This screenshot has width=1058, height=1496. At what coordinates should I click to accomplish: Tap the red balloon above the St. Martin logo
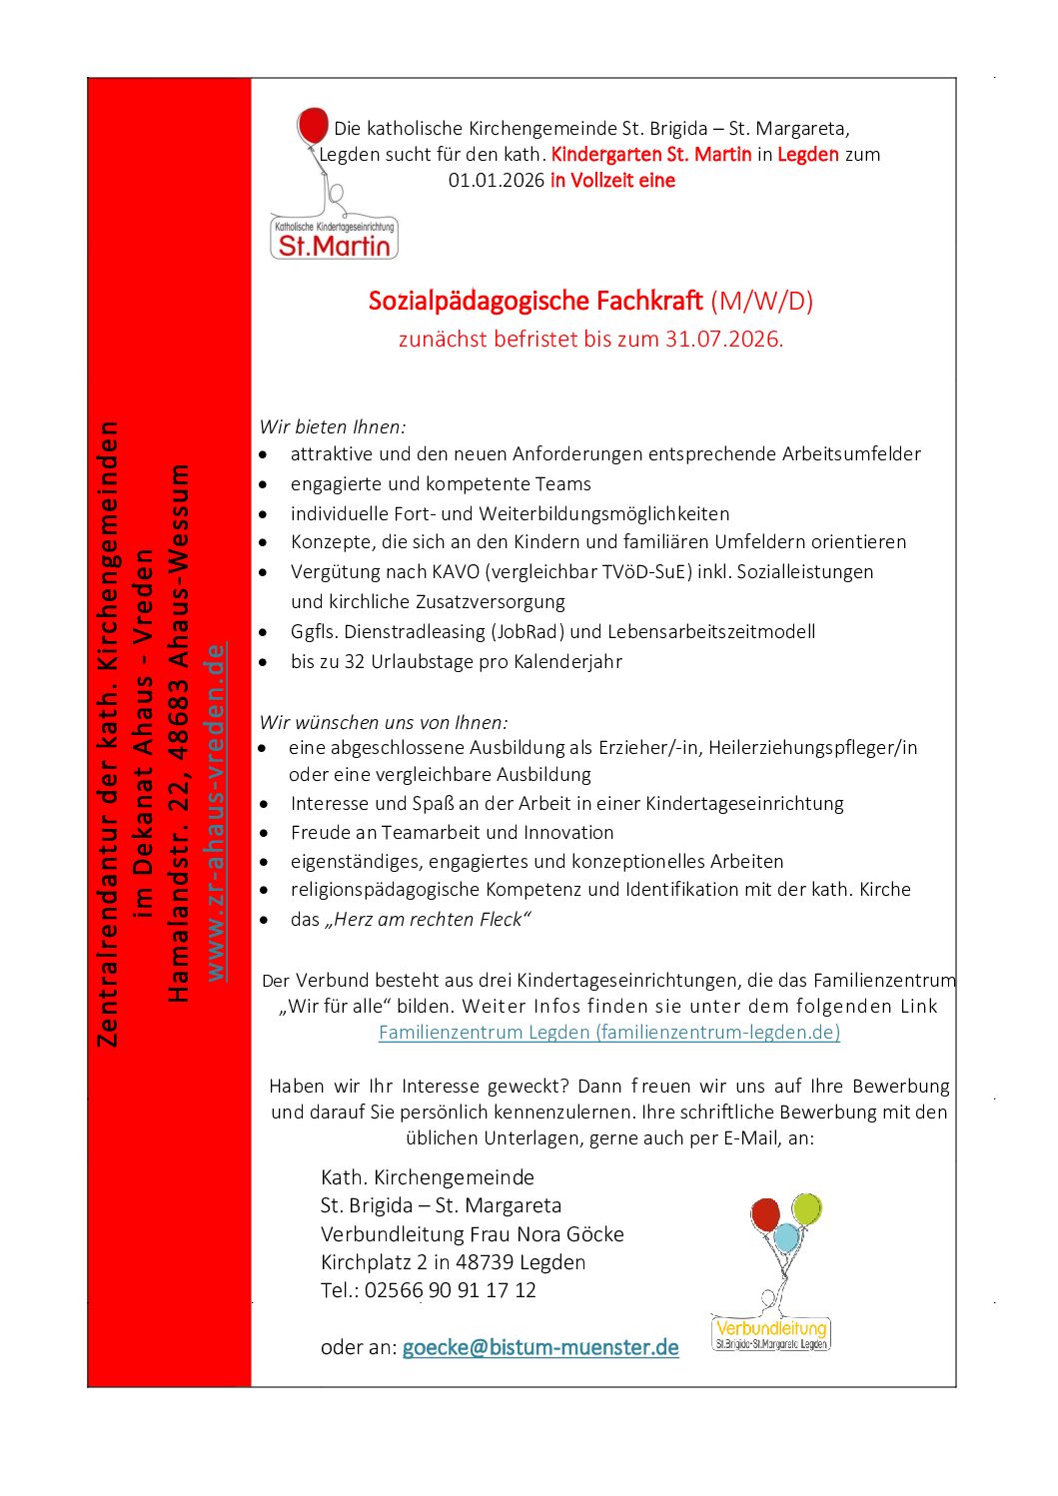click(313, 127)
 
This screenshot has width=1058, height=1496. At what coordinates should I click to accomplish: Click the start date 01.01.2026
click(497, 181)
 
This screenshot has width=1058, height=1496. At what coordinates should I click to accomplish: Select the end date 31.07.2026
click(723, 340)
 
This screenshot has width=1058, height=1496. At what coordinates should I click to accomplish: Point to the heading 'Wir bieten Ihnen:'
click(333, 427)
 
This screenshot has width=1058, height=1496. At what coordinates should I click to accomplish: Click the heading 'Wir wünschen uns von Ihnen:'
click(384, 722)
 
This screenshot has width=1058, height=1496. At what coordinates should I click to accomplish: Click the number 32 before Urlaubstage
click(354, 662)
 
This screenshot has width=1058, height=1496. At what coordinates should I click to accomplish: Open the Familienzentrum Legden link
click(609, 1033)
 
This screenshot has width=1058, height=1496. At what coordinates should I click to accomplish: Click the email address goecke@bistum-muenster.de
click(540, 1348)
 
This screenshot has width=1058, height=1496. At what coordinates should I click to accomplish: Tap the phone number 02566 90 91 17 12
click(451, 1290)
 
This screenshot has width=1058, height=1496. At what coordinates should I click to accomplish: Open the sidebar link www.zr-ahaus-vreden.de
click(215, 812)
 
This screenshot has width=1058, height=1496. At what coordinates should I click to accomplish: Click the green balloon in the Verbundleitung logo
click(806, 1209)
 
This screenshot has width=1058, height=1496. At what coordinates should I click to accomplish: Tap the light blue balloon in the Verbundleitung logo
click(786, 1238)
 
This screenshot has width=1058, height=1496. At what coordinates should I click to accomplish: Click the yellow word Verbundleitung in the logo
click(771, 1329)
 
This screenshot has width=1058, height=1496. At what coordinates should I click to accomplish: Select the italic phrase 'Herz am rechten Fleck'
click(428, 920)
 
